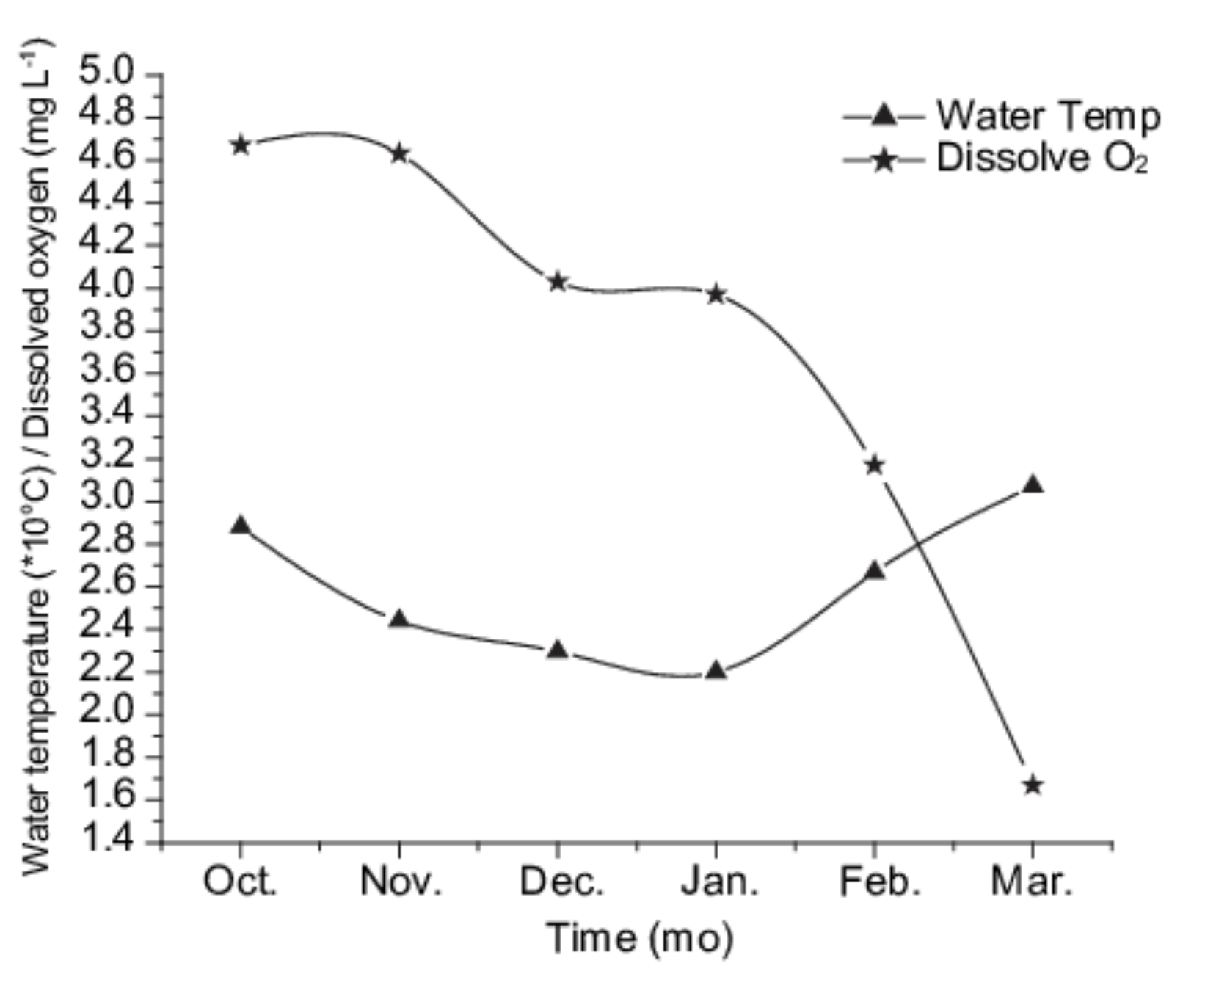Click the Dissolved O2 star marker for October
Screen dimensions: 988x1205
click(240, 145)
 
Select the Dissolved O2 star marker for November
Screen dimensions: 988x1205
click(399, 153)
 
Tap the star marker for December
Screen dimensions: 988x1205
click(558, 282)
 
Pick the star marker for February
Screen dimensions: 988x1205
click(875, 465)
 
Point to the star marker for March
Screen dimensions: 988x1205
click(1033, 785)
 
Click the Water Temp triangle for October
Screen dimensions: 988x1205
click(240, 526)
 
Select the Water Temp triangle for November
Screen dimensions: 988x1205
click(399, 619)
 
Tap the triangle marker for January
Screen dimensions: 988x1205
click(716, 670)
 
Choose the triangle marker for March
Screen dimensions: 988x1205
click(1033, 484)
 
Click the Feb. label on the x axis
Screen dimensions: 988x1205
click(879, 882)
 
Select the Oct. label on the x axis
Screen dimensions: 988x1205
click(241, 882)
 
